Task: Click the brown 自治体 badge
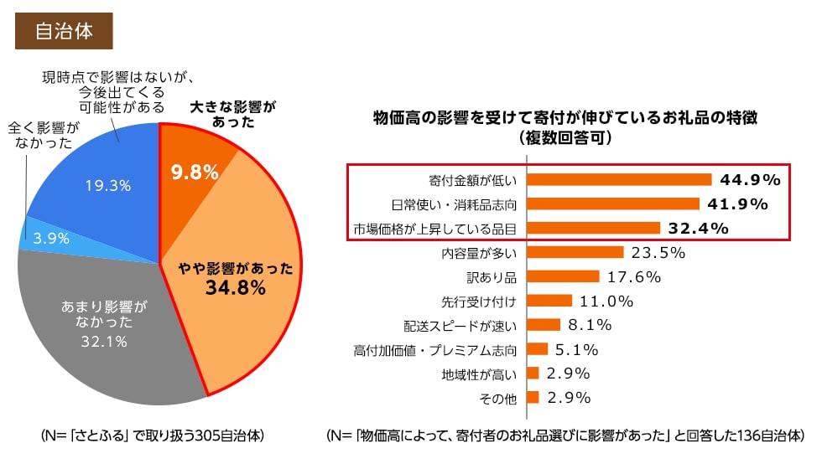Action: [x=64, y=31]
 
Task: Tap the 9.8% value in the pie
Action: [x=195, y=173]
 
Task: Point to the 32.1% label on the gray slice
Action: [x=105, y=341]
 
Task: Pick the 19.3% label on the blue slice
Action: [x=108, y=186]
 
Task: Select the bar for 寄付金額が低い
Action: [x=618, y=179]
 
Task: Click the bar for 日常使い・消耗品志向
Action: [x=612, y=204]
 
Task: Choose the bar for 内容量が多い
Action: [x=575, y=252]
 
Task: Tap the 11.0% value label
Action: [x=606, y=301]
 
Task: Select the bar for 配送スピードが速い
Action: [x=543, y=325]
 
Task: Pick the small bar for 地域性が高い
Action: [x=532, y=374]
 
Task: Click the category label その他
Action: [x=497, y=399]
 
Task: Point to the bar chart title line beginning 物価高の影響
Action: [x=565, y=117]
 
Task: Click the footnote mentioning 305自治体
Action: [x=153, y=436]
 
